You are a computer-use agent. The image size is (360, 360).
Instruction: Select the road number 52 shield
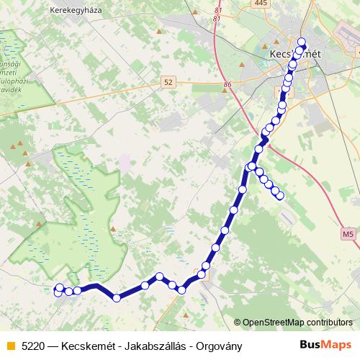[168, 83]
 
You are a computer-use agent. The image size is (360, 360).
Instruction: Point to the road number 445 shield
[261, 4]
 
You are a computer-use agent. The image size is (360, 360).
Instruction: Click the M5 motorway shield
[348, 233]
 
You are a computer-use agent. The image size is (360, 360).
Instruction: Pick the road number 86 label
[228, 85]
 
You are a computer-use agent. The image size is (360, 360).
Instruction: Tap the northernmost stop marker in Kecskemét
[302, 42]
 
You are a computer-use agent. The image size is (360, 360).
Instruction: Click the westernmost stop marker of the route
[59, 289]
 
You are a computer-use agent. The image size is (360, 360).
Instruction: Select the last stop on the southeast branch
[280, 195]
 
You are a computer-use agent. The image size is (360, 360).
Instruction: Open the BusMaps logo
[325, 345]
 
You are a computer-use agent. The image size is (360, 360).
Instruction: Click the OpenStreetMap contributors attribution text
[297, 323]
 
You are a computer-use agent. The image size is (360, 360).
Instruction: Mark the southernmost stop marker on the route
[117, 297]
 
